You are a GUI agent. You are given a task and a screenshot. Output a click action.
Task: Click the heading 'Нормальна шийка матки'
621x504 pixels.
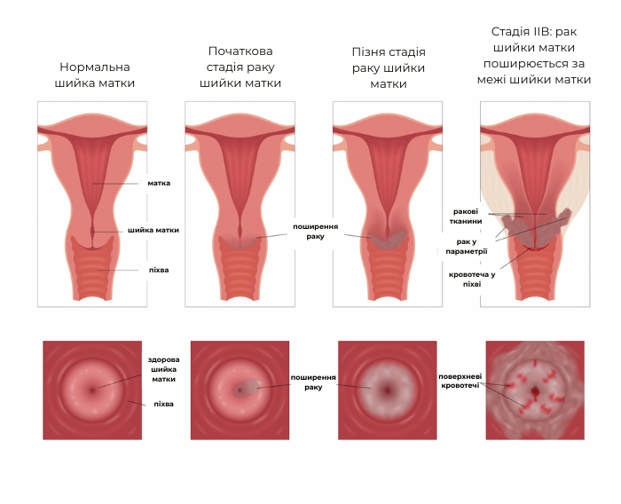94,75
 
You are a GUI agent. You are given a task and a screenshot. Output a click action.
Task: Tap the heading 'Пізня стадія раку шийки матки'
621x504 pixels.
388,67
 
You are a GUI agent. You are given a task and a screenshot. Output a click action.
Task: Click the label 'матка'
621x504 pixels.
159,183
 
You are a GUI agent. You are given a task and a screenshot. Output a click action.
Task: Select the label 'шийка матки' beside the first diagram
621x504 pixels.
153,230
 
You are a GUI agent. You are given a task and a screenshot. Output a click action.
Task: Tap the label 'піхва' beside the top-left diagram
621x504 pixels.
158,269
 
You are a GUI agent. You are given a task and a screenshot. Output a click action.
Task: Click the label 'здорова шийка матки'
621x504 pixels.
163,369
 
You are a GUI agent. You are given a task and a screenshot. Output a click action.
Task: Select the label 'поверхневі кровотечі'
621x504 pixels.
460,382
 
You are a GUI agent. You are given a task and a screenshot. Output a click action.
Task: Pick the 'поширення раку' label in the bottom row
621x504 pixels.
313,382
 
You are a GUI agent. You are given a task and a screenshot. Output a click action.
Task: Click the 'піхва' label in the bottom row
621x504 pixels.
162,404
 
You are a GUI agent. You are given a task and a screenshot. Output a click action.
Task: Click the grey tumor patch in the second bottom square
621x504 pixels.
249,387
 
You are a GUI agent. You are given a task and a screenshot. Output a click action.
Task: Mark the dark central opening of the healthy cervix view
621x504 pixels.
92,390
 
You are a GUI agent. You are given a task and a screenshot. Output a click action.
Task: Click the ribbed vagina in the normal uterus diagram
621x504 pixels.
93,271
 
